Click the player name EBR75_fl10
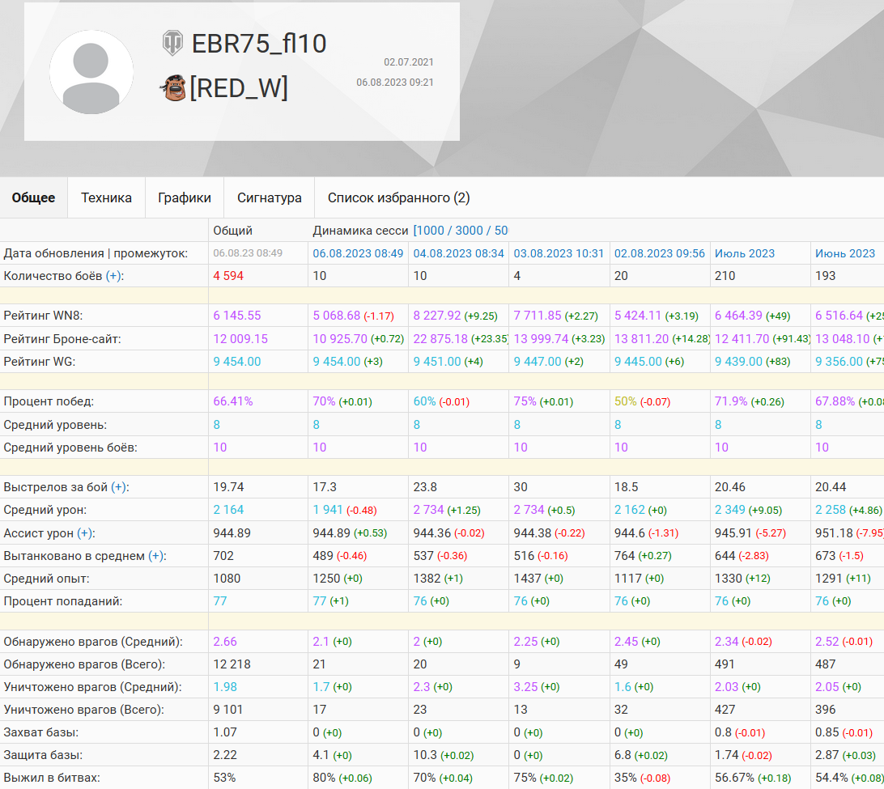259,43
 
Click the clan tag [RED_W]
239,87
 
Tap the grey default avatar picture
91,72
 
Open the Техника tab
106,197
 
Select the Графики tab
185,197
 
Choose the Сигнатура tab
270,197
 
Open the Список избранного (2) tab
398,197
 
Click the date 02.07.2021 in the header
409,62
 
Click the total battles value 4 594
229,276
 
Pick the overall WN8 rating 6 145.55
237,316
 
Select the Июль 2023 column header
745,253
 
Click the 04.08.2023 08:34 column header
459,253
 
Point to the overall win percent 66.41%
233,401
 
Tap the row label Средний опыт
46,579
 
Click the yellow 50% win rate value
626,401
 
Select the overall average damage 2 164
228,510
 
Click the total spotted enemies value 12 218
232,664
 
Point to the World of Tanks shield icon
172,43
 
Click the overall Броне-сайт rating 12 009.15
240,339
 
